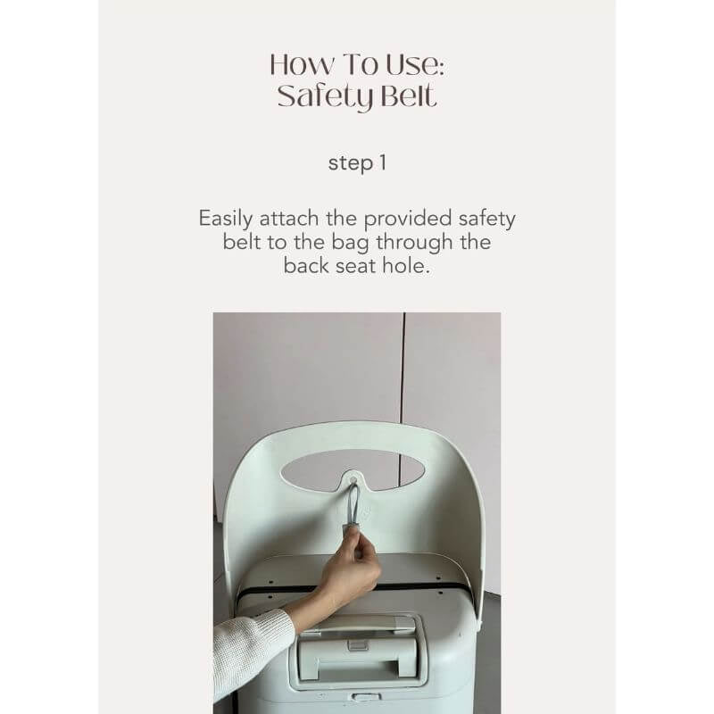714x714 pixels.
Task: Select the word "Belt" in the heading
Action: [408, 95]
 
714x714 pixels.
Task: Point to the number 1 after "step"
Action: [383, 162]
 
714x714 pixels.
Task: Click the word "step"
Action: [351, 164]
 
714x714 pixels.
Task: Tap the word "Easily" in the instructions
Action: [226, 219]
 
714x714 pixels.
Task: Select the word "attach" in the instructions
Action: [288, 219]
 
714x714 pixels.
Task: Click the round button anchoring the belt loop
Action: [353, 479]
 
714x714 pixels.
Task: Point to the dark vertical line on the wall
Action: [402, 401]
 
